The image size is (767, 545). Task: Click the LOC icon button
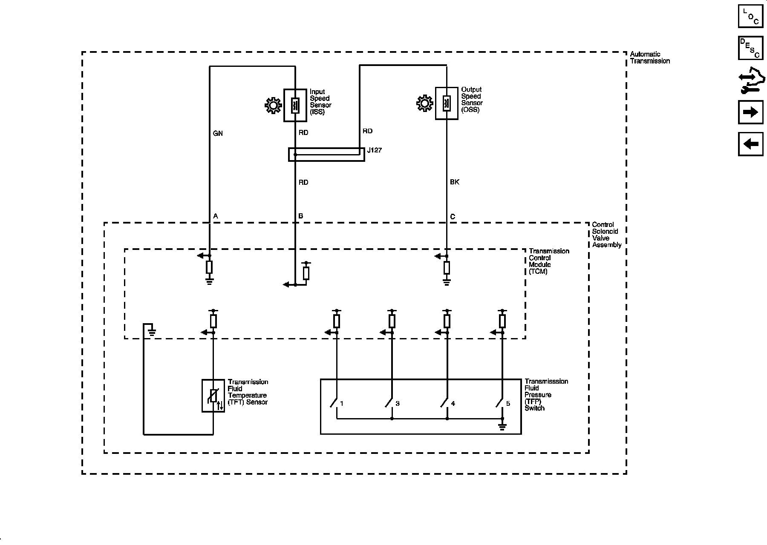point(750,16)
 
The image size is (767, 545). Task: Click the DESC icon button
point(750,48)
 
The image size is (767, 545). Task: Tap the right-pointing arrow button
point(750,112)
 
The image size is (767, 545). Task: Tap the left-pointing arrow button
point(750,144)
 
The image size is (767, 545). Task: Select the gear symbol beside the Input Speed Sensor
point(273,105)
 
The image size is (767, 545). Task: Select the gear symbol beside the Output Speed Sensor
point(424,103)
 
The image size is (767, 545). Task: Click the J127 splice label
point(375,150)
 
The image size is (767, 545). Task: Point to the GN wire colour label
point(218,133)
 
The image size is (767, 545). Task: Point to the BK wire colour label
point(455,182)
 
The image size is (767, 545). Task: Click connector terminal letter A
point(216,216)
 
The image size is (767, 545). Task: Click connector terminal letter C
point(453,217)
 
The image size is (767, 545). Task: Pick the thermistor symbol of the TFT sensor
point(213,396)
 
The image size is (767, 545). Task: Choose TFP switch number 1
point(342,403)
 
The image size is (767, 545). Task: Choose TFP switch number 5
point(508,403)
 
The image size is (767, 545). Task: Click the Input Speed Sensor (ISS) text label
point(320,102)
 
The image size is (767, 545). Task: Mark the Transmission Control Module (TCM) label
point(549,261)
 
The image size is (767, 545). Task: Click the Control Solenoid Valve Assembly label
point(607,235)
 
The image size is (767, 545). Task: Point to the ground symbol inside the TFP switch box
point(502,426)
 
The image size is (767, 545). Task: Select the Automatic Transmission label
point(650,57)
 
